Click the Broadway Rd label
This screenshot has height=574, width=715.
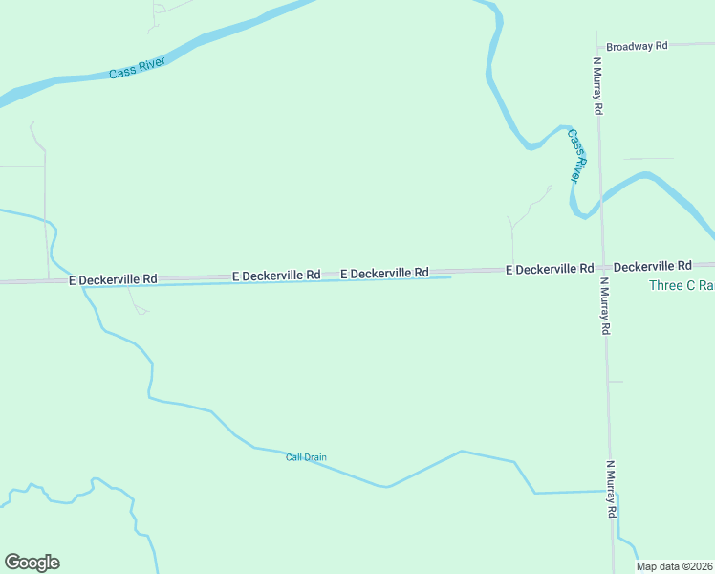click(636, 46)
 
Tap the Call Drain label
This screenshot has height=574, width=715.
click(306, 457)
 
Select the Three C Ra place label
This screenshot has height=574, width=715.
click(682, 286)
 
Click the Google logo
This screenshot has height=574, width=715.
click(32, 563)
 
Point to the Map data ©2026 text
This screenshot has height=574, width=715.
click(675, 566)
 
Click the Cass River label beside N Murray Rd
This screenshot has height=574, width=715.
click(575, 156)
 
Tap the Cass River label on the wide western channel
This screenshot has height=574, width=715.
click(138, 68)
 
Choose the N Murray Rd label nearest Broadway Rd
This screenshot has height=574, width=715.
click(597, 85)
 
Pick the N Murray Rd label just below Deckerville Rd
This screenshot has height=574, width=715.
click(605, 306)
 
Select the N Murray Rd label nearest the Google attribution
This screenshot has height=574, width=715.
click(611, 490)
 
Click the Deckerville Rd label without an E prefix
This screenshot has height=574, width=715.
click(652, 265)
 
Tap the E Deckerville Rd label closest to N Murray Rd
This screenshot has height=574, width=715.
click(550, 269)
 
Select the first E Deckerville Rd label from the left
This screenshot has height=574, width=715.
click(113, 279)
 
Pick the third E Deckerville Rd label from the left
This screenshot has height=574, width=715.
click(383, 273)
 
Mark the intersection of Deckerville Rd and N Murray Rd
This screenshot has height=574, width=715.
click(602, 267)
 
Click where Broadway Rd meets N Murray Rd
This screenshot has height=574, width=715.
click(596, 46)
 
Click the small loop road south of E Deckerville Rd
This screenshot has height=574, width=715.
click(141, 309)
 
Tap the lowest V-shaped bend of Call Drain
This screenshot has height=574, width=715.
click(386, 486)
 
